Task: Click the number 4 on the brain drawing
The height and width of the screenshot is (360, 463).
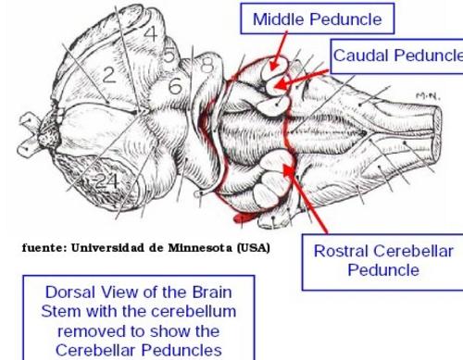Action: coord(151,33)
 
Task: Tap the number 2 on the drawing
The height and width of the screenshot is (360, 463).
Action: coord(108,75)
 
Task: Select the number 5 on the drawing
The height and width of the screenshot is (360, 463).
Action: coord(169,56)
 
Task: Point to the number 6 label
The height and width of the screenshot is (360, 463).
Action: coord(175,86)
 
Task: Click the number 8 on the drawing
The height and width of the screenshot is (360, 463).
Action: coord(207,65)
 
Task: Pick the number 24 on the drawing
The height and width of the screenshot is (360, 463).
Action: coord(106,181)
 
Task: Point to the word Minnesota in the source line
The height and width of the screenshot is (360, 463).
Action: coord(200,248)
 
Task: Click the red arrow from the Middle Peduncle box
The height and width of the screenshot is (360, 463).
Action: coord(279,51)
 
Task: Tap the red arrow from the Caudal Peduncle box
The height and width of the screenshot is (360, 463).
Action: coord(301,79)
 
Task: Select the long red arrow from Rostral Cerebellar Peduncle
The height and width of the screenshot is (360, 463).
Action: coord(305,198)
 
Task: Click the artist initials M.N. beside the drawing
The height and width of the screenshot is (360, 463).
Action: coord(428,96)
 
